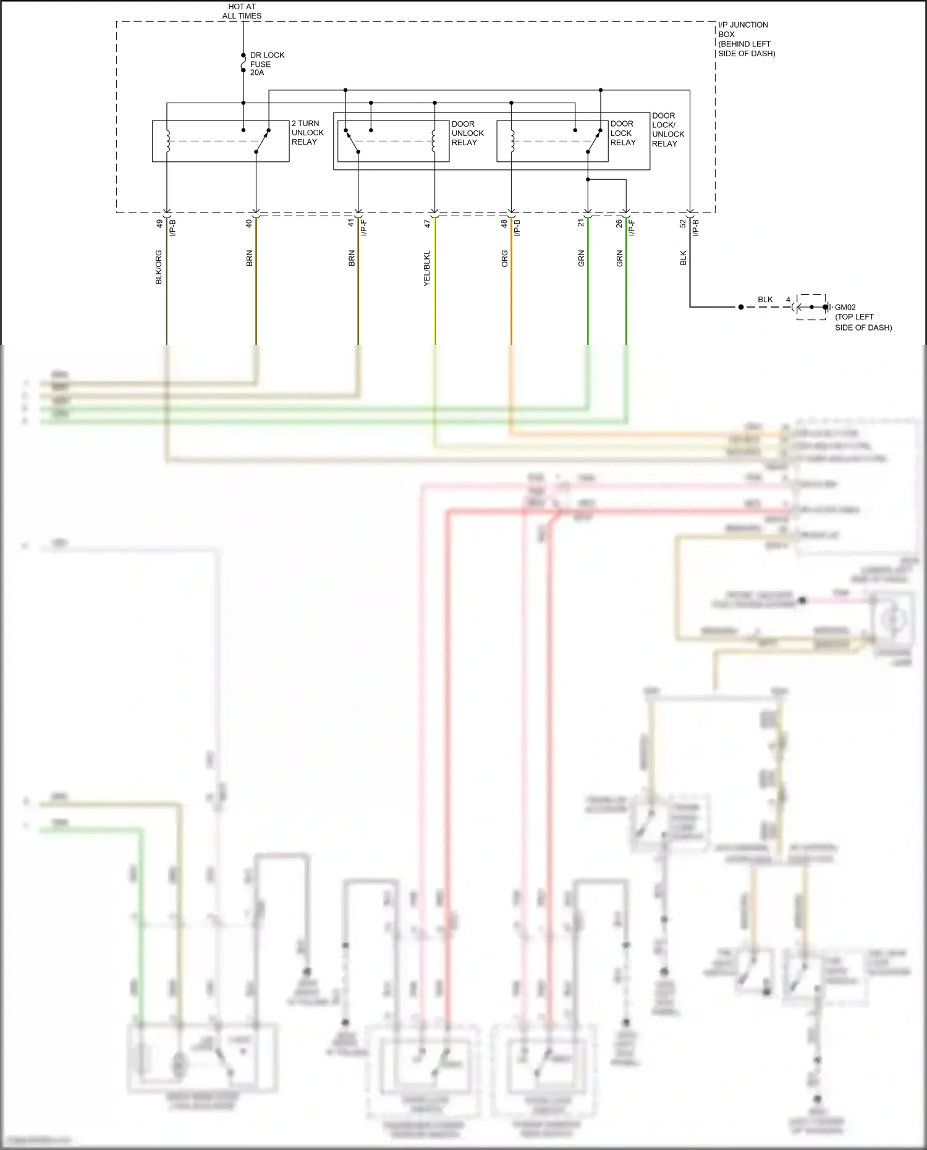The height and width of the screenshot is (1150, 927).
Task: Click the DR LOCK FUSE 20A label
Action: [266, 64]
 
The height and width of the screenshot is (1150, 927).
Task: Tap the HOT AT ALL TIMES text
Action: [242, 11]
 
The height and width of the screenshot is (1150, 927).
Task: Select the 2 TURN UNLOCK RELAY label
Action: [307, 133]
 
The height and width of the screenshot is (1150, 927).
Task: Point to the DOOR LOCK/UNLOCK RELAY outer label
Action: [667, 129]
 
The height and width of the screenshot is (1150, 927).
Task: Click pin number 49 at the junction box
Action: [159, 223]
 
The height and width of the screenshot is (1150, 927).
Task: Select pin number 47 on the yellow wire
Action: [427, 224]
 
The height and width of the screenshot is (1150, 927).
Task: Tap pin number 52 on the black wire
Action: [683, 224]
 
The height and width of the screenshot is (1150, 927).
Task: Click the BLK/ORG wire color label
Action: [159, 267]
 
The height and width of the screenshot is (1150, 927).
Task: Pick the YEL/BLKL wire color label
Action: [427, 268]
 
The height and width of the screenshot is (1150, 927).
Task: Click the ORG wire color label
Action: [504, 258]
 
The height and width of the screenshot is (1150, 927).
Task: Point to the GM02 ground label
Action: [845, 307]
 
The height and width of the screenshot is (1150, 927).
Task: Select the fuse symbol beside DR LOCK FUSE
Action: [243, 63]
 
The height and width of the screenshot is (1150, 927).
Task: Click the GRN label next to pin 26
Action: [619, 258]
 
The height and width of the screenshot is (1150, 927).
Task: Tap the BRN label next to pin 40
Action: [249, 258]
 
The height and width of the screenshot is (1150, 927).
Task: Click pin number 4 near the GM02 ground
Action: [788, 300]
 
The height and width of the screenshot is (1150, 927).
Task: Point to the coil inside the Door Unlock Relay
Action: [434, 141]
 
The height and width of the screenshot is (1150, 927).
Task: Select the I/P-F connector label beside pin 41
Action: [365, 227]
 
